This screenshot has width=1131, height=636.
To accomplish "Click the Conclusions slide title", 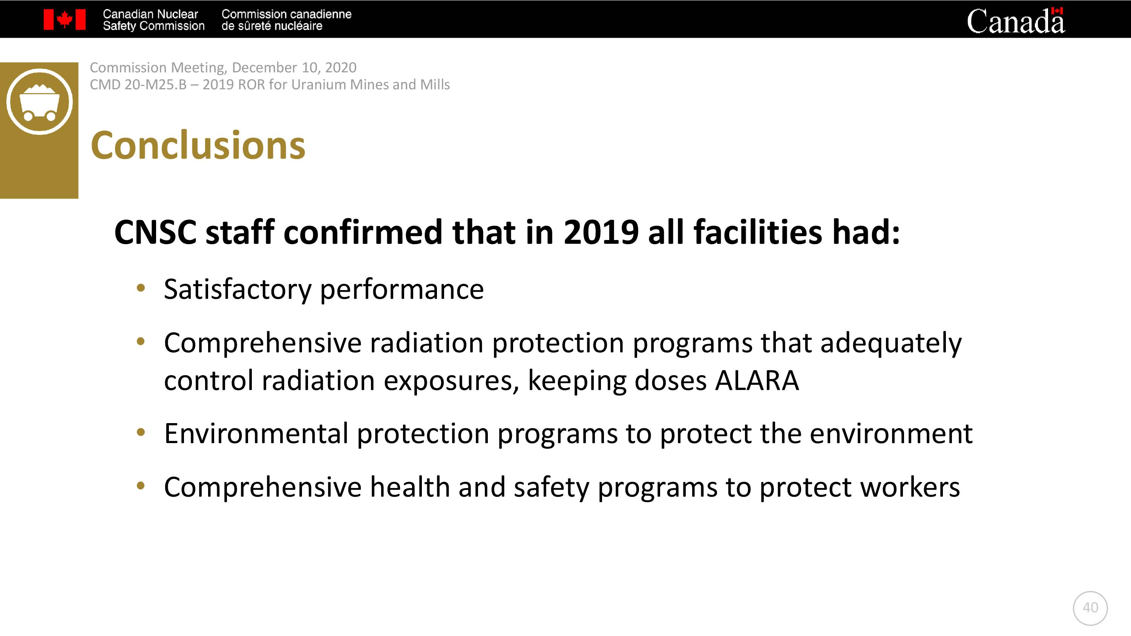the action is pos(198,145).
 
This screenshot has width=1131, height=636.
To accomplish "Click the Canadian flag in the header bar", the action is pos(64,20).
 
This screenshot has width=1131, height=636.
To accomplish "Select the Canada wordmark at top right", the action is pos(1016,21).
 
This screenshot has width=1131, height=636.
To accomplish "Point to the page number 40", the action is pos(1090,607).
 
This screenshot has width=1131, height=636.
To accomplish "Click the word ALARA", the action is pos(757,380).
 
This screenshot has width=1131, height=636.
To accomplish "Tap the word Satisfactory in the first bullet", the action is pos(238,290).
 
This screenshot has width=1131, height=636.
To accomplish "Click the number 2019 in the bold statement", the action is pos(601,232).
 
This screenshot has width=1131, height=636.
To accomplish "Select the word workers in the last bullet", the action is pos(910,487).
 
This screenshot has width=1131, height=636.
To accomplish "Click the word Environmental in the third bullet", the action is pos(256,434).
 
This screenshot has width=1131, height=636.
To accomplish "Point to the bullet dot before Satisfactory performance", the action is pos(141,288).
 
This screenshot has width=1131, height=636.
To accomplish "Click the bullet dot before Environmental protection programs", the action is pos(141,432).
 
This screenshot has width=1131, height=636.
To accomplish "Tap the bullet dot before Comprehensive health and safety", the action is pos(141,486).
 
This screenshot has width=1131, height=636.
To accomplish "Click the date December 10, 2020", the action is pos(294,67).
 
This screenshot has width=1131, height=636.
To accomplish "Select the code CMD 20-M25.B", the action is pos(138,84).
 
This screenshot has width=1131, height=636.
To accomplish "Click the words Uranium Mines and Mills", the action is pos(371,84).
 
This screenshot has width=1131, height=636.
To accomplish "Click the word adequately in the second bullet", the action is pos(891,343).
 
